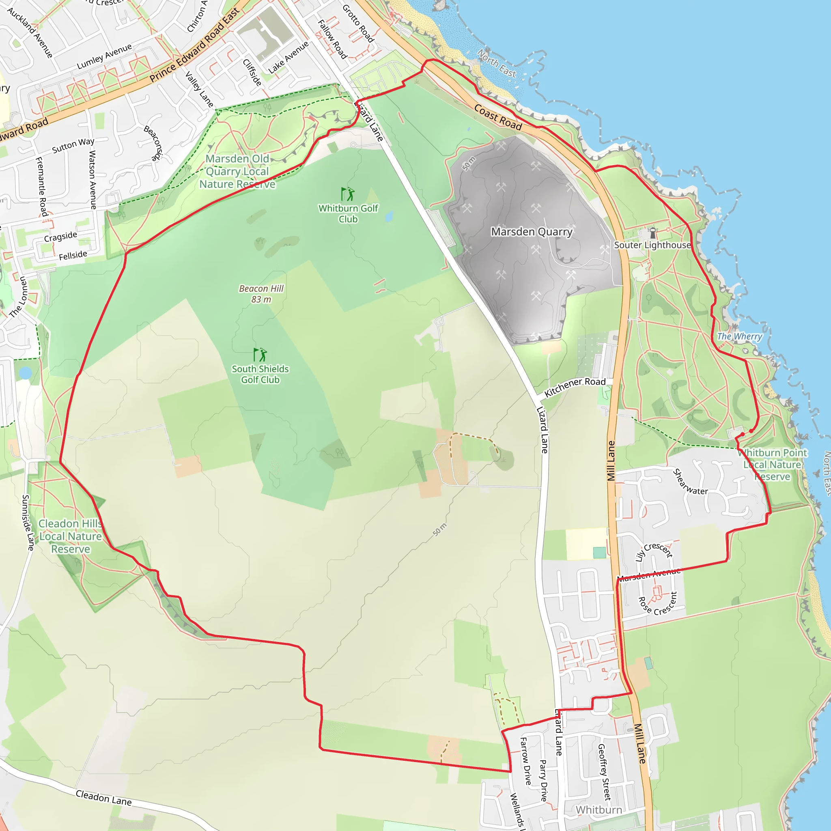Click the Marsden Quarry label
tap(532, 232)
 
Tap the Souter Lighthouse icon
tap(653, 233)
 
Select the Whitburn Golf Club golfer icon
tap(348, 194)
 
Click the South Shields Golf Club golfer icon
tap(260, 355)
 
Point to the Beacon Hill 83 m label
tap(261, 294)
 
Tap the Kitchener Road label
tap(575, 387)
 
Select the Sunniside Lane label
tap(28, 522)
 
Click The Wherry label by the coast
tap(739, 336)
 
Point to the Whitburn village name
tap(599, 810)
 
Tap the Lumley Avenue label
tap(104, 57)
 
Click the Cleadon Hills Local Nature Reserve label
tap(71, 536)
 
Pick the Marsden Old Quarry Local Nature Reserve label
tap(237, 171)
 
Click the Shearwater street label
tap(690, 482)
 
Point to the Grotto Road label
tap(358, 23)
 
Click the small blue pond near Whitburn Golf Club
tap(389, 216)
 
